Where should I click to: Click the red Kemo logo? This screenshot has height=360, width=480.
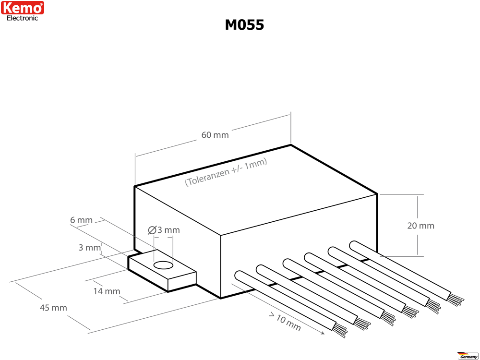pyautogui.click(x=23, y=8)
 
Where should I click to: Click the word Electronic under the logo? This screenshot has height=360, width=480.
pyautogui.click(x=23, y=18)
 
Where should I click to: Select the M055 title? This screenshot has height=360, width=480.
pyautogui.click(x=244, y=25)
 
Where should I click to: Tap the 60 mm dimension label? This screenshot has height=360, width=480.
pyautogui.click(x=215, y=135)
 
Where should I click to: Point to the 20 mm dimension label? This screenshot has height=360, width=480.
pyautogui.click(x=420, y=226)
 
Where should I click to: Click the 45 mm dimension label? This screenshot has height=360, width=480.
pyautogui.click(x=53, y=308)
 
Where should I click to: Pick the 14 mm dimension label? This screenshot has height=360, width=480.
pyautogui.click(x=107, y=291)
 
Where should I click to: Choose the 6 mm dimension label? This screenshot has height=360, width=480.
pyautogui.click(x=81, y=220)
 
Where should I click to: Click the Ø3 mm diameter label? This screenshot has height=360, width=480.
pyautogui.click(x=164, y=230)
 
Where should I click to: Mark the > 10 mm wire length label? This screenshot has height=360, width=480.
pyautogui.click(x=285, y=322)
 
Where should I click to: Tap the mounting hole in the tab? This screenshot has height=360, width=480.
pyautogui.click(x=163, y=265)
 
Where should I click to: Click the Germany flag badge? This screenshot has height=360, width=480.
pyautogui.click(x=468, y=355)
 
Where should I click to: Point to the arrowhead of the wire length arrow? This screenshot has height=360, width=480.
pyautogui.click(x=323, y=333)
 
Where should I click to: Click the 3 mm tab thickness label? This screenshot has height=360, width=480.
pyautogui.click(x=89, y=247)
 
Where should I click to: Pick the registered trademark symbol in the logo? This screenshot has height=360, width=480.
pyautogui.click(x=41, y=4)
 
